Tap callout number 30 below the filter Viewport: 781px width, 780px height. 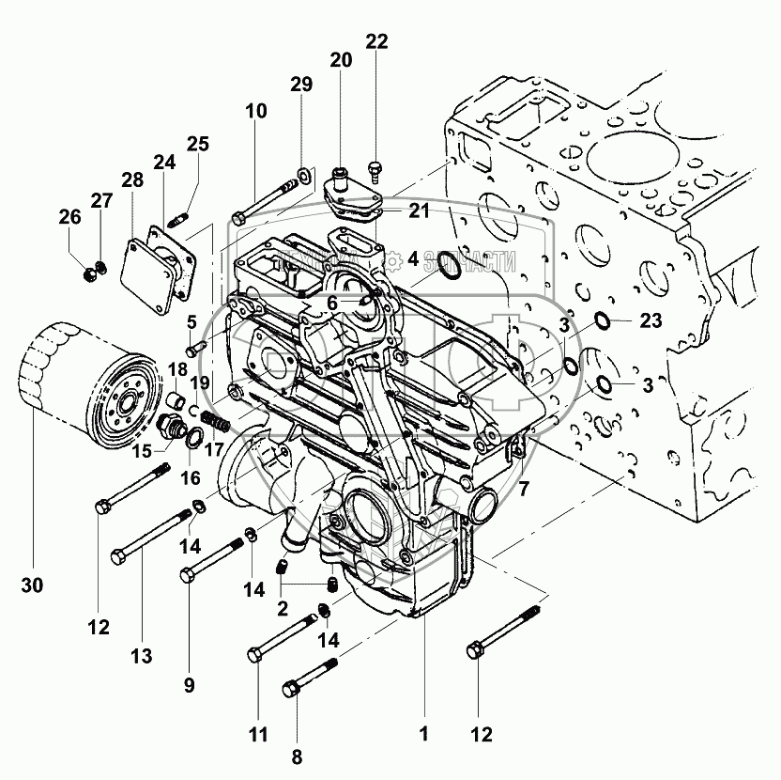coord(31,585)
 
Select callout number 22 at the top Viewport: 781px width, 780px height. coord(375,40)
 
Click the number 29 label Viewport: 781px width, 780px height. coord(300,86)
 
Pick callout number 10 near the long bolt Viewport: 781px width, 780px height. coord(256,111)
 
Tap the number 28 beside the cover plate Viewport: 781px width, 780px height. coord(131,179)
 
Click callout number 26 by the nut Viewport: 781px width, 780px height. coord(69,216)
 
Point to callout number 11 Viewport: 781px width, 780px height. coord(257,732)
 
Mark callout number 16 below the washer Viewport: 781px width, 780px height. coord(191,477)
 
